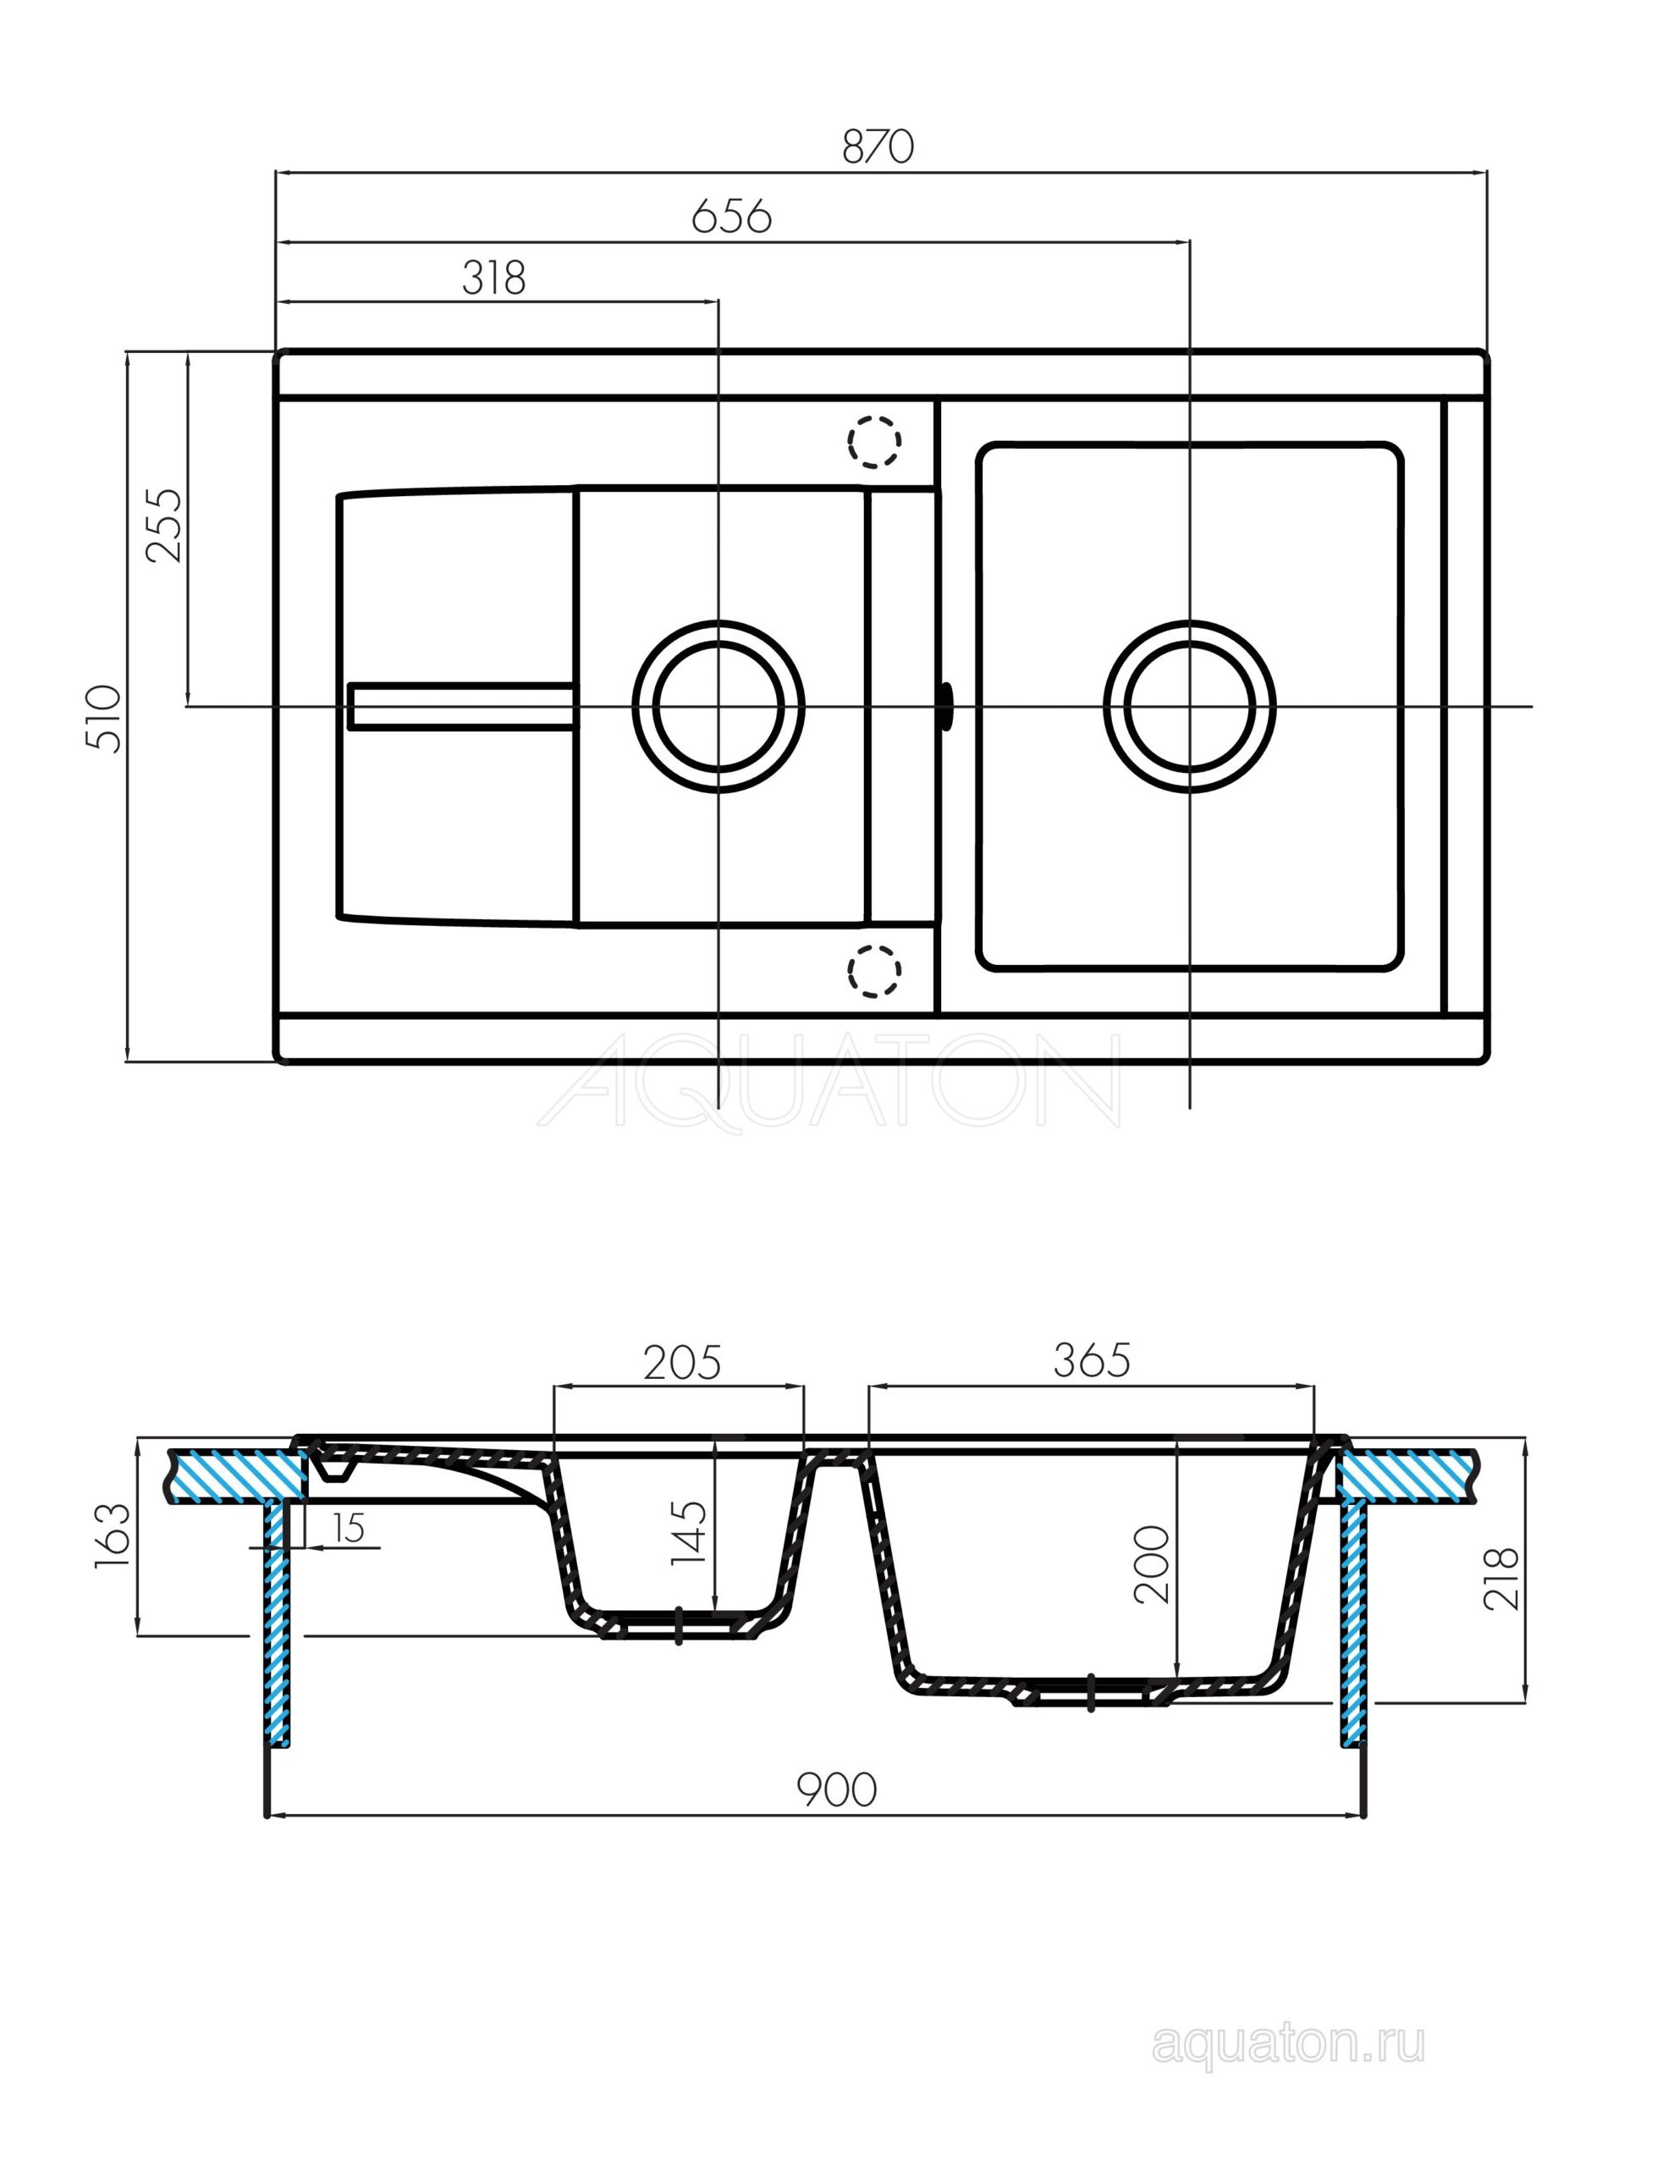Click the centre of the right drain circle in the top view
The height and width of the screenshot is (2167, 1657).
pyautogui.click(x=1190, y=706)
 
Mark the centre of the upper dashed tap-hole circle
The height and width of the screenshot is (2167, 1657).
pyautogui.click(x=874, y=441)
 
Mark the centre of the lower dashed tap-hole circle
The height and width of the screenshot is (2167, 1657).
pyautogui.click(x=874, y=971)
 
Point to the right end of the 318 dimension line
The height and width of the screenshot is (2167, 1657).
pyautogui.click(x=718, y=301)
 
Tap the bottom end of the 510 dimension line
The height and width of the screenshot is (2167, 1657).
pyautogui.click(x=127, y=1062)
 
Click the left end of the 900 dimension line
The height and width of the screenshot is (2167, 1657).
pyautogui.click(x=268, y=1814)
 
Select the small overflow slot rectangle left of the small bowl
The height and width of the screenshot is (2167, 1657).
pyautogui.click(x=460, y=706)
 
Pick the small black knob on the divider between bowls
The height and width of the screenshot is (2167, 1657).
pyautogui.click(x=947, y=706)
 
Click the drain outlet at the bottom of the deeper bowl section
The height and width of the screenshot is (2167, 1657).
pyautogui.click(x=1091, y=1693)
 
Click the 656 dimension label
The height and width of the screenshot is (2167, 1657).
pyautogui.click(x=731, y=217)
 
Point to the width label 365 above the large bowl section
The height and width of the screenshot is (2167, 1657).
pyautogui.click(x=1091, y=1361)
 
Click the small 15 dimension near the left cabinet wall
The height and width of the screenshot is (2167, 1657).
pyautogui.click(x=350, y=1528)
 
